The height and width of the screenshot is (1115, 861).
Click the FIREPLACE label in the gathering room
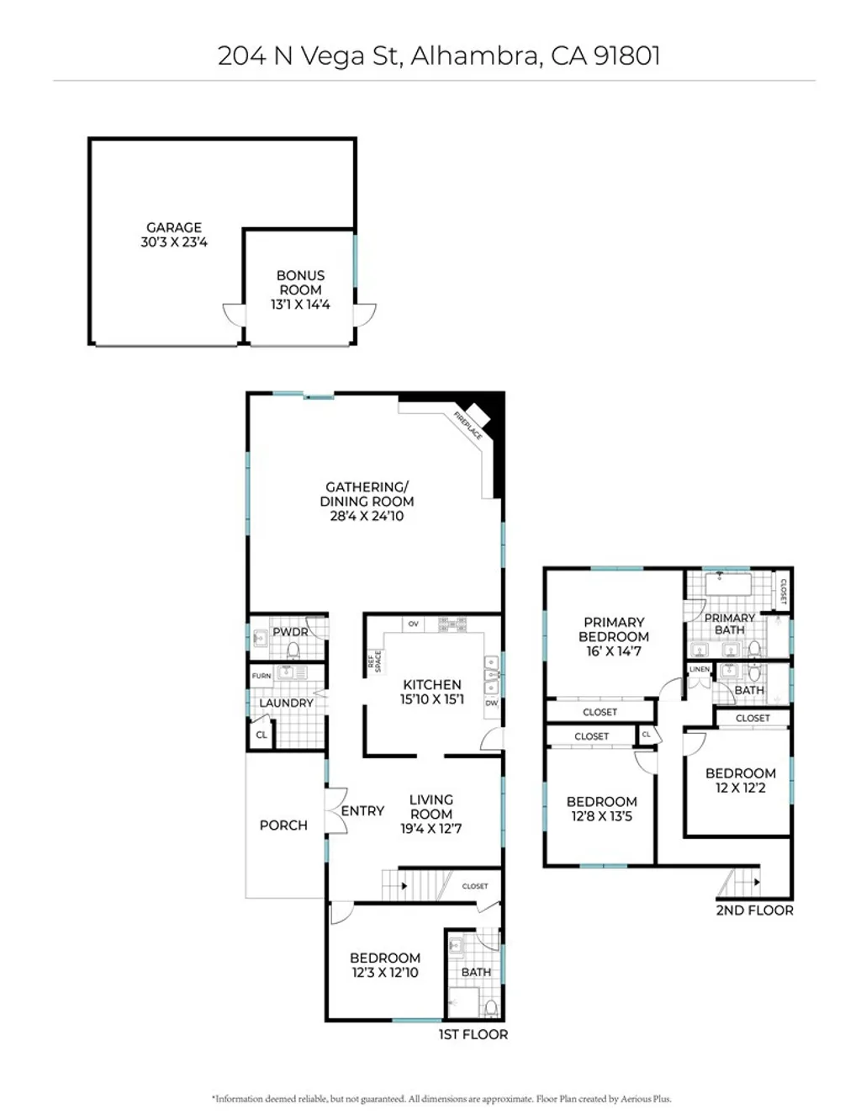point(468,426)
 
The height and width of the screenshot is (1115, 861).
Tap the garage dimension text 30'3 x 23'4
point(174,242)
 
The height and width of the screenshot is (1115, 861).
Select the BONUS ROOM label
point(300,283)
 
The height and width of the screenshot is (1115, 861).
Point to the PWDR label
point(290,632)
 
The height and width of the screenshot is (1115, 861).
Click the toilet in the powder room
point(293,650)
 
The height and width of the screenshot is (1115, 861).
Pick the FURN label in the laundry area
point(261,676)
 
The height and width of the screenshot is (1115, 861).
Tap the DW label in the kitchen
point(492,703)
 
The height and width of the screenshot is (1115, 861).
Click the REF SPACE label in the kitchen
point(374,661)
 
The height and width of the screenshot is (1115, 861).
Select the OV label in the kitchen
point(413,624)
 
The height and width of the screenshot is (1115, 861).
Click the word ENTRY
point(362,811)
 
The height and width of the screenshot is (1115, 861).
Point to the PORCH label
point(283,826)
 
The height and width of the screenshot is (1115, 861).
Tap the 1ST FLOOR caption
point(473,1035)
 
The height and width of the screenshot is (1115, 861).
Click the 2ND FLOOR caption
point(754,911)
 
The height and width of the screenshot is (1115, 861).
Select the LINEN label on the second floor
point(700,669)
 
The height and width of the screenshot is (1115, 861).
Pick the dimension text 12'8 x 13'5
point(601,816)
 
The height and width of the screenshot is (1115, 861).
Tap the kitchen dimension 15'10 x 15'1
point(431,699)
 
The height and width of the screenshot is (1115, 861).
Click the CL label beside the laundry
point(261,735)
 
